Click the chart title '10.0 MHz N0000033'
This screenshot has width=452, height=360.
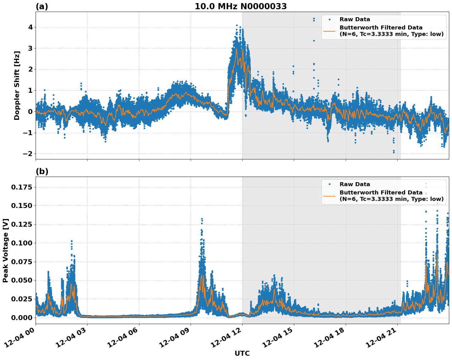click(x=240, y=6)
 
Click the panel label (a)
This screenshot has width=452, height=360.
click(x=42, y=6)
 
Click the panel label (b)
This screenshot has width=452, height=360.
click(x=42, y=171)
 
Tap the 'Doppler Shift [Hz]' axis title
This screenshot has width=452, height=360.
click(x=17, y=85)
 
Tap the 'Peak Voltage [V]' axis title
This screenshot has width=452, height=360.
click(x=6, y=250)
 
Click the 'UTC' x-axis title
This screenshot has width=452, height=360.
click(x=242, y=353)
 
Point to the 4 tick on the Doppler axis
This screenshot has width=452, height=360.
click(x=30, y=27)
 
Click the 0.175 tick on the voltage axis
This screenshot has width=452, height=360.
click(x=21, y=187)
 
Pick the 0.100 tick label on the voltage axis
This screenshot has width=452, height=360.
click(x=21, y=243)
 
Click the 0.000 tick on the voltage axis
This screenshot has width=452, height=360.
click(x=21, y=317)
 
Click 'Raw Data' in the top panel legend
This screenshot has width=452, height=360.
click(x=355, y=20)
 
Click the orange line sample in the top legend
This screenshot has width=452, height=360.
click(x=329, y=31)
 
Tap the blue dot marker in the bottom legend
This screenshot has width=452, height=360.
click(x=329, y=184)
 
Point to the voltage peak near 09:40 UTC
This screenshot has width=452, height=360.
click(x=202, y=219)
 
